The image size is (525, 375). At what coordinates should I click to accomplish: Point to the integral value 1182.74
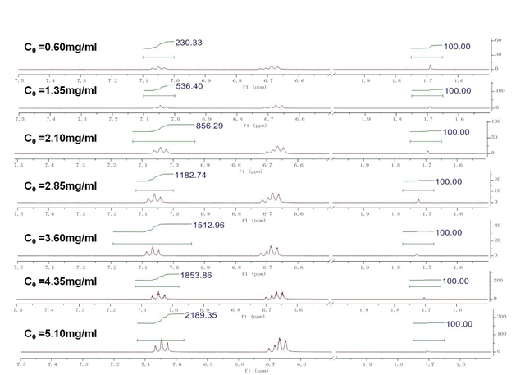click(195, 176)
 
